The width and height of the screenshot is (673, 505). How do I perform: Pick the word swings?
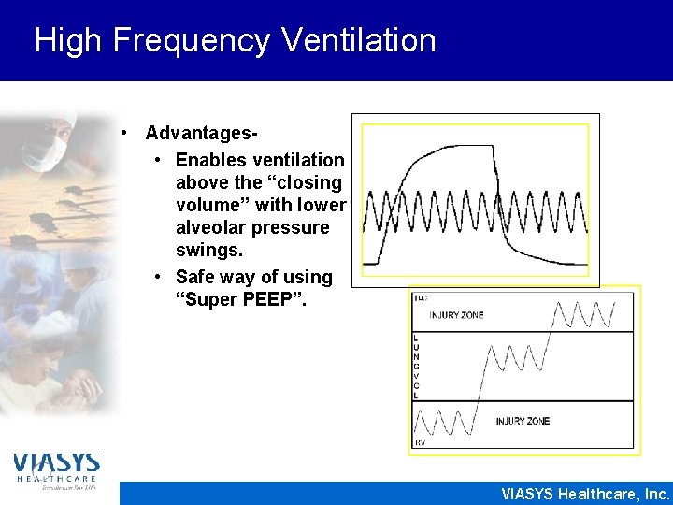pos(209,251)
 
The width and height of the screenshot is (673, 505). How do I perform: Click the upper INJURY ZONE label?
pos(457,315)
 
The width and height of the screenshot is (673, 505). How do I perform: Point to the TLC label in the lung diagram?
pos(421,298)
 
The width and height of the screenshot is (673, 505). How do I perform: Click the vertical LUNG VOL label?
pos(416,366)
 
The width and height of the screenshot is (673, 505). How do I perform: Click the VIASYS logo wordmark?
pos(56,463)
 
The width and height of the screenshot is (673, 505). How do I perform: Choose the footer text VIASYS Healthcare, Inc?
pos(585,493)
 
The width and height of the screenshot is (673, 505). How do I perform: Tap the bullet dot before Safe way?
pos(161,277)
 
